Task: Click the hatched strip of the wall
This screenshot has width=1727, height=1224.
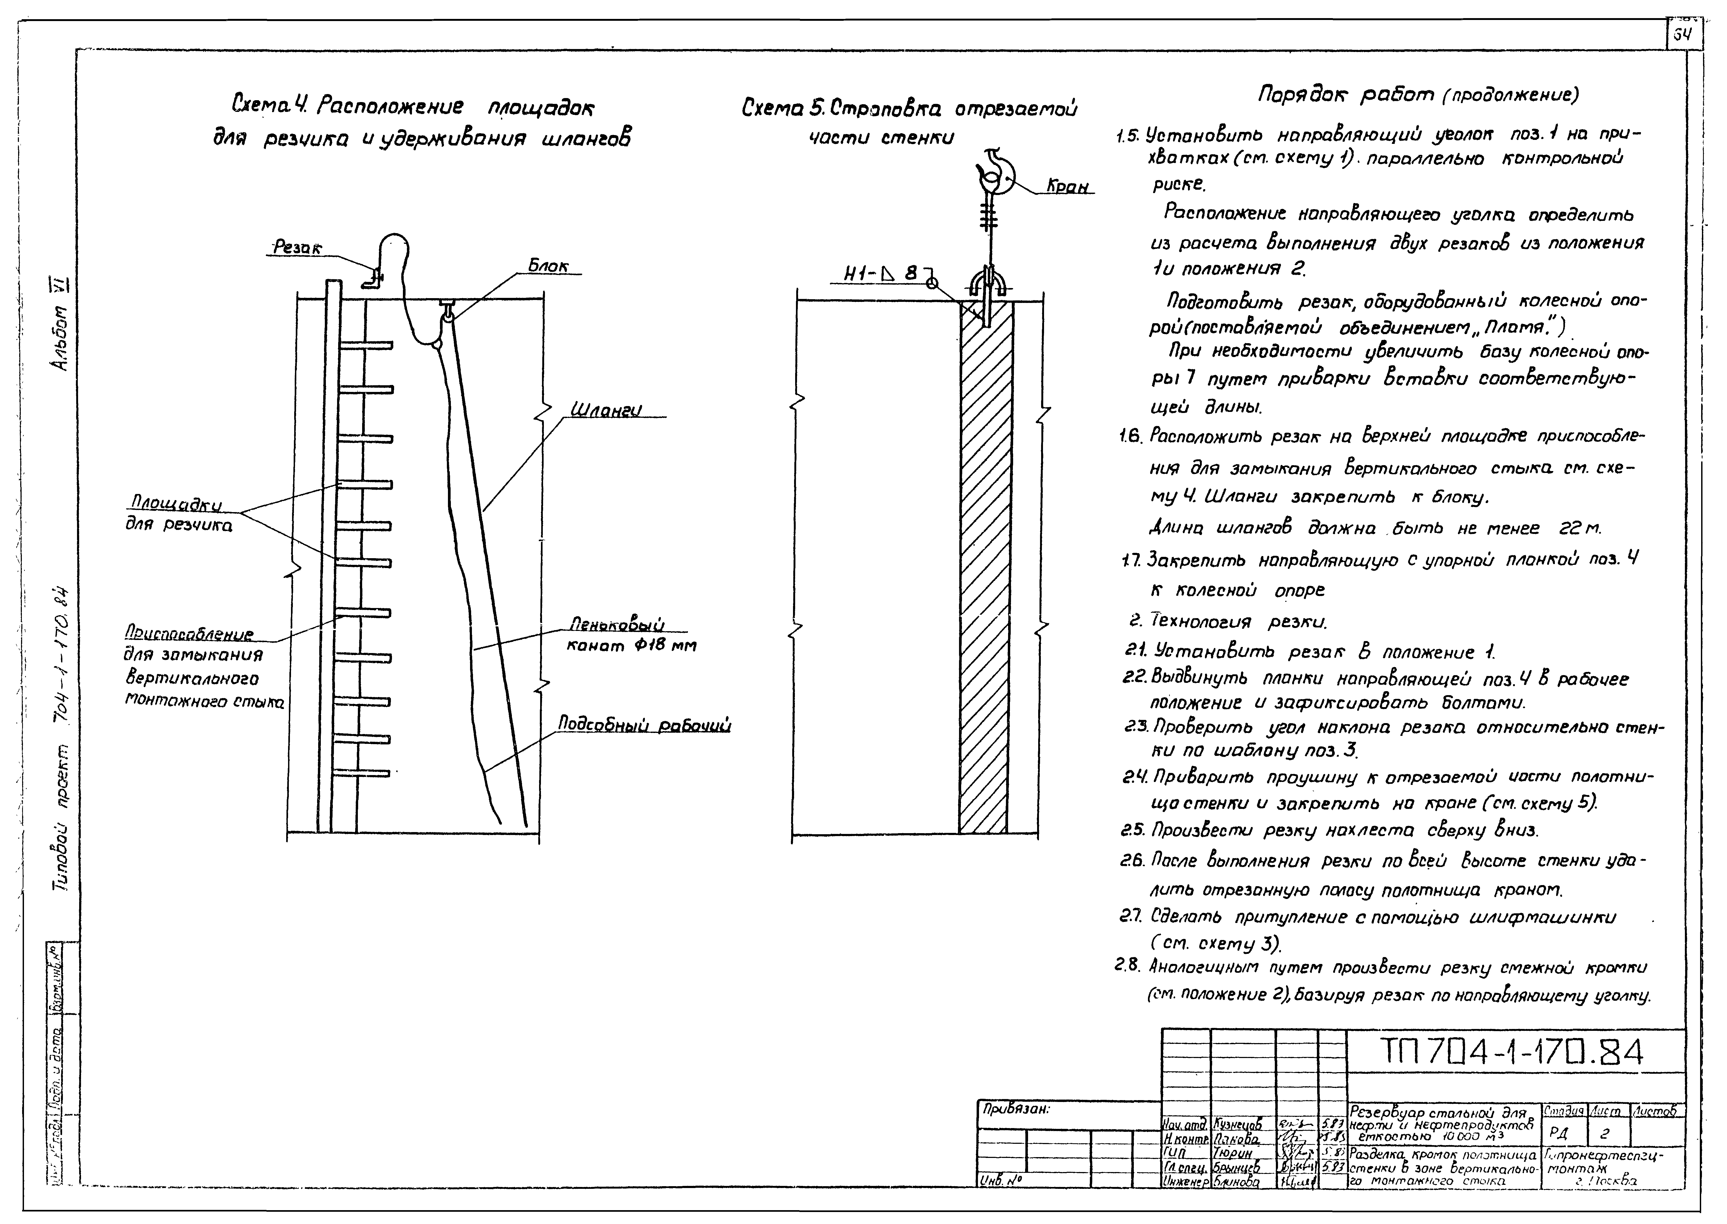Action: coord(986,573)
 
